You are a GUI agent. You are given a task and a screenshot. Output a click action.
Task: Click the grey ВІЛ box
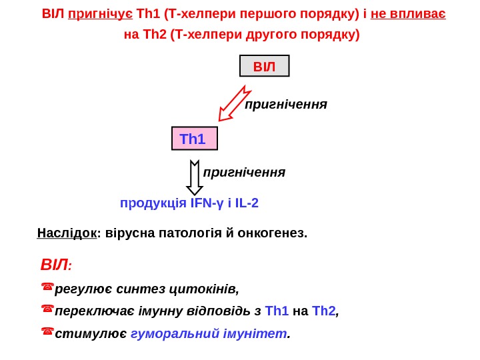(264, 67)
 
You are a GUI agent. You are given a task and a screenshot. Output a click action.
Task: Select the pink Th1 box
(195, 139)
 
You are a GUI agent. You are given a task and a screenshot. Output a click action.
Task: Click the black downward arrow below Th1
(194, 177)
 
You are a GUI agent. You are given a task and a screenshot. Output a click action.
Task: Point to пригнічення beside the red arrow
(286, 104)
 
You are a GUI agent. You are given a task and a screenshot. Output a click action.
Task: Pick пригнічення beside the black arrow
(244, 172)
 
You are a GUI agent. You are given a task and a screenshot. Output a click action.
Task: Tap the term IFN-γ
(207, 203)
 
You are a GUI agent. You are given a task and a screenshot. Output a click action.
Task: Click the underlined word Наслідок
(67, 233)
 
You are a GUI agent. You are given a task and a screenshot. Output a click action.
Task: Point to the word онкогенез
(275, 233)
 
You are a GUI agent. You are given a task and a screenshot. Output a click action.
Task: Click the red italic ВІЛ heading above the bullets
(55, 265)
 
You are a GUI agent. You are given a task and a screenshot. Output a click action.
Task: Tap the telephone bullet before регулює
(47, 288)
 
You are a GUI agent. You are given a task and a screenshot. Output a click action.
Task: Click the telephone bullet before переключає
(47, 310)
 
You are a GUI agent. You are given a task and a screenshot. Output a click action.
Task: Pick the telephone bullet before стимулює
(47, 332)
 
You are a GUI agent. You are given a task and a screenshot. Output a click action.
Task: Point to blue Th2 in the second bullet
(325, 311)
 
